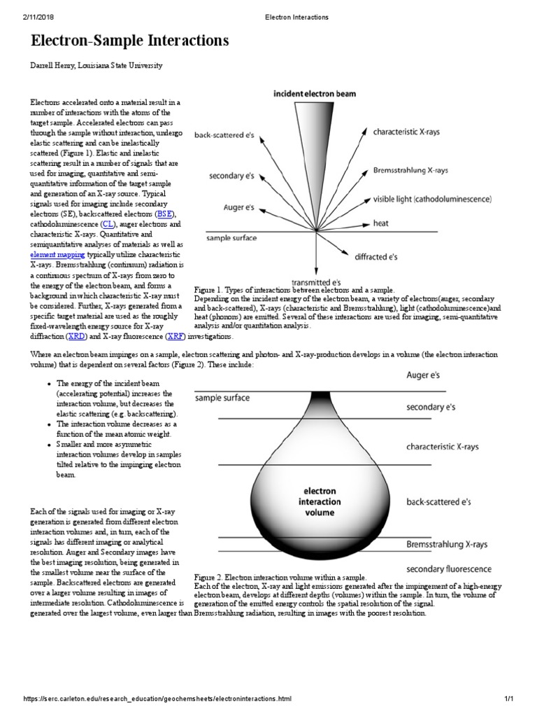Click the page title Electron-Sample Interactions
point(130,42)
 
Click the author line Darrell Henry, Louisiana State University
point(96,65)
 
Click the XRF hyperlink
point(175,336)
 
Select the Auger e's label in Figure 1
point(240,207)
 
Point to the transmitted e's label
point(316,282)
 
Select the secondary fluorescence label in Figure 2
point(448,569)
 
